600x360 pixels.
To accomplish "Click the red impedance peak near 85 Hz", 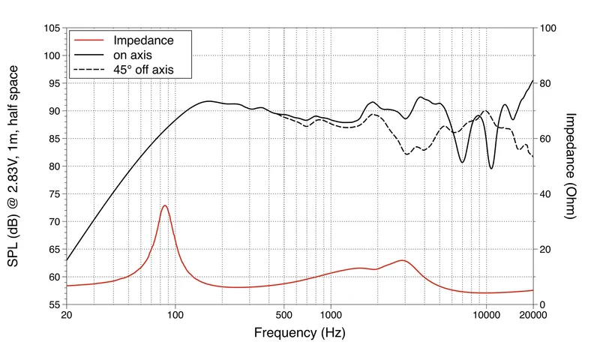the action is point(165,205).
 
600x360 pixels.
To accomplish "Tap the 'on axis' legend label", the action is point(133,55).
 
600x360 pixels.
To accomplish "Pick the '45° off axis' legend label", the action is point(143,70).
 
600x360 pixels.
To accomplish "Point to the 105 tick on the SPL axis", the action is point(52,28).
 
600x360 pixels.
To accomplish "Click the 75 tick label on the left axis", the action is point(54,194).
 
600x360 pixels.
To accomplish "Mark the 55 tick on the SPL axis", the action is point(54,304).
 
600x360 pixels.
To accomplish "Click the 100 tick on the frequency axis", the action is point(175,315).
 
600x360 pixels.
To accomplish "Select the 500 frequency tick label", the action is point(283,315).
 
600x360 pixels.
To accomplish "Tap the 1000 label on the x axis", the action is point(331,315).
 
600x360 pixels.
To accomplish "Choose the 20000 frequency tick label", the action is point(533,315).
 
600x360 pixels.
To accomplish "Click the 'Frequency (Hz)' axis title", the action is point(299,332).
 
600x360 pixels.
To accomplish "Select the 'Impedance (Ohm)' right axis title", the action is point(570,166).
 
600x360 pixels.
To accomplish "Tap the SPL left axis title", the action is point(13,166).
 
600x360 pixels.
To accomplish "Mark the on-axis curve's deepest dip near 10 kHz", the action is point(491,168).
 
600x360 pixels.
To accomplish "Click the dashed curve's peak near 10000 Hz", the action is point(485,110).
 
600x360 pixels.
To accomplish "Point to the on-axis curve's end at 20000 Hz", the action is point(533,80).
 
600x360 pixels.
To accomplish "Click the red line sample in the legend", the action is point(88,40).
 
